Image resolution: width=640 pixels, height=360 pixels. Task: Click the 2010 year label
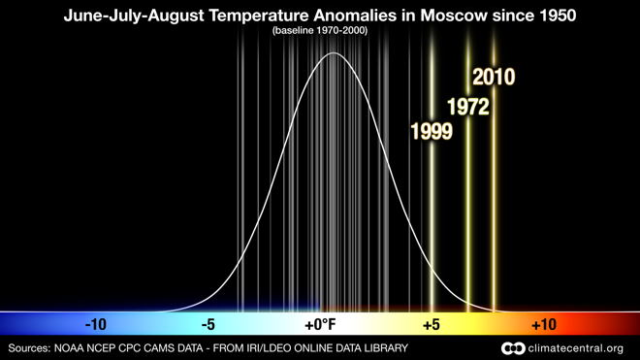pyautogui.click(x=493, y=78)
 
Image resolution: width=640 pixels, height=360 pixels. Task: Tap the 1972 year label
pyautogui.click(x=466, y=107)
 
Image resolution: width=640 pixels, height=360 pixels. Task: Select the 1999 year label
pyautogui.click(x=432, y=132)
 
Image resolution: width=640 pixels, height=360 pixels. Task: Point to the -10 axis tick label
pyautogui.click(x=95, y=324)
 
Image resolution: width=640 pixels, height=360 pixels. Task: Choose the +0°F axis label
pyautogui.click(x=319, y=324)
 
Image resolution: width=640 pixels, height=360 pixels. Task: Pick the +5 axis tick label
pyautogui.click(x=432, y=324)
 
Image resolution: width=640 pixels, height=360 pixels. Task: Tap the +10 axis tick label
pyautogui.click(x=543, y=324)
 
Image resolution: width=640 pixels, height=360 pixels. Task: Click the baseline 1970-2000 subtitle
pyautogui.click(x=319, y=31)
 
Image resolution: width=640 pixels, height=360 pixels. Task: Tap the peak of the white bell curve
pyautogui.click(x=333, y=53)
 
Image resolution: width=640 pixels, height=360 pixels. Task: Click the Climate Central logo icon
pyautogui.click(x=512, y=348)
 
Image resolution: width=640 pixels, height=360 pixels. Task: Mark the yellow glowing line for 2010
pyautogui.click(x=494, y=194)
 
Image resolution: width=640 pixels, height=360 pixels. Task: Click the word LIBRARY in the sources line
pyautogui.click(x=382, y=348)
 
